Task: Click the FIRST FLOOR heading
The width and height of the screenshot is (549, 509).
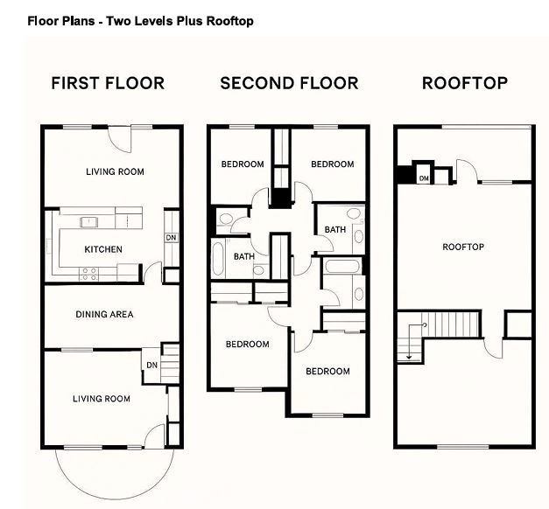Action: [x=108, y=84]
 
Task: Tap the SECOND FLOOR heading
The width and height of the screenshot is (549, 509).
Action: [x=289, y=84]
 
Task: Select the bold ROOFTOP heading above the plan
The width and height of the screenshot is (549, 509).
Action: [x=465, y=84]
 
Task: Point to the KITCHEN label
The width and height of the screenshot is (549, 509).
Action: [x=103, y=249]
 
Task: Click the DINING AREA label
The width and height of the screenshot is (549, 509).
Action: [x=104, y=314]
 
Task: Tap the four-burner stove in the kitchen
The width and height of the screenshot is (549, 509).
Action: [x=89, y=272]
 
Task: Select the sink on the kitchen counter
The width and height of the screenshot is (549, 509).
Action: [x=88, y=221]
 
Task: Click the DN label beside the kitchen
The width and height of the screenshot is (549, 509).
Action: [x=170, y=238]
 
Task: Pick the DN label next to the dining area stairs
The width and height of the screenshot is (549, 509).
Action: [x=151, y=365]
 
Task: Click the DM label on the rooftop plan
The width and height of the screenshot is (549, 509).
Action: [x=424, y=178]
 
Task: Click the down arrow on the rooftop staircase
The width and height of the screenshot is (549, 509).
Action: [x=407, y=355]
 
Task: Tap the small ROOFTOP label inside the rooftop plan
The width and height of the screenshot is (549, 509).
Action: [x=463, y=248]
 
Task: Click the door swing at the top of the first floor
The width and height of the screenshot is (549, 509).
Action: [x=119, y=138]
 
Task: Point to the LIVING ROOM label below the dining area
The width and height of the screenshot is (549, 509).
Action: [x=101, y=399]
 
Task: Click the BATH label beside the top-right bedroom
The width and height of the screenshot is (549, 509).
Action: [x=335, y=230]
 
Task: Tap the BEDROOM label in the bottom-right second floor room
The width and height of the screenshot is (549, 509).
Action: [x=327, y=372]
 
